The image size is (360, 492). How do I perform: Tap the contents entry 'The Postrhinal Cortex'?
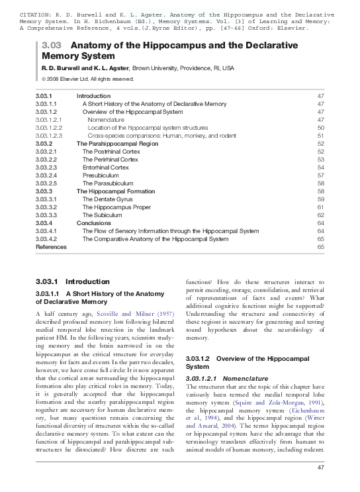pyautogui.click(x=111, y=152)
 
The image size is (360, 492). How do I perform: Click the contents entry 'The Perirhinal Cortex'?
pyautogui.click(x=111, y=160)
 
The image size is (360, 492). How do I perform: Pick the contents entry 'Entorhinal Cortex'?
pyautogui.click(x=105, y=168)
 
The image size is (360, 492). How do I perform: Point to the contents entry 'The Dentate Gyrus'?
pyautogui.click(x=108, y=199)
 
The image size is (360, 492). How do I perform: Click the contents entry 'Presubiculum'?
pyautogui.click(x=101, y=175)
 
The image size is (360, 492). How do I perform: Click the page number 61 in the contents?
pyautogui.click(x=320, y=207)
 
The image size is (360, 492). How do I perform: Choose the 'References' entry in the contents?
pyautogui.click(x=51, y=247)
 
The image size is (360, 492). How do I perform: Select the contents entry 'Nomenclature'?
pyautogui.click(x=105, y=120)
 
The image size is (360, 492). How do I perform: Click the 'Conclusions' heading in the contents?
pyautogui.click(x=93, y=223)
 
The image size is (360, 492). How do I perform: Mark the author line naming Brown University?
pyautogui.click(x=138, y=68)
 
